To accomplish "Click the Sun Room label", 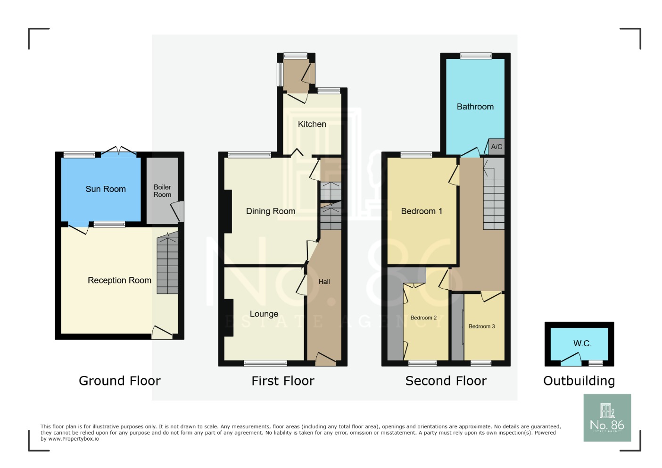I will (x=106, y=189).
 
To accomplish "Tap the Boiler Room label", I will (x=162, y=191).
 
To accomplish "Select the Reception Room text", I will (x=119, y=280).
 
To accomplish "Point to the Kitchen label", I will (x=312, y=124).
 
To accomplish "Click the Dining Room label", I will (x=271, y=211).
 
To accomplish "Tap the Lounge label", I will (x=264, y=314).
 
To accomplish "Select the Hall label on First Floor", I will (x=324, y=282).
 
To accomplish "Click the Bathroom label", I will (x=475, y=107).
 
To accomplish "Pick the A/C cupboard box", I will (x=497, y=147).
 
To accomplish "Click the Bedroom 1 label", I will (x=422, y=211).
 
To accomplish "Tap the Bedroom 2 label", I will (x=423, y=318).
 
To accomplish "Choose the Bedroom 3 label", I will (x=481, y=326).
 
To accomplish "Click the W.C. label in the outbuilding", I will (x=582, y=343).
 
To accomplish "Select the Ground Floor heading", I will (x=119, y=381).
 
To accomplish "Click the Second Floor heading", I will (x=446, y=381).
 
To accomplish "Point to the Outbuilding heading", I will (x=579, y=381).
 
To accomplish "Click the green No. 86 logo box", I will (x=607, y=418).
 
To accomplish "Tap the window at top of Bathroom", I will (x=476, y=56).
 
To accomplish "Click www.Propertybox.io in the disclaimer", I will (x=74, y=439).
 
